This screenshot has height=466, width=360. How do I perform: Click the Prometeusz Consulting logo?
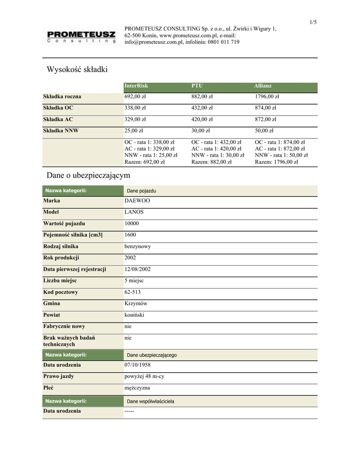pos(80,36)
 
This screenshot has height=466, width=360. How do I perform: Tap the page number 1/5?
pos(313,22)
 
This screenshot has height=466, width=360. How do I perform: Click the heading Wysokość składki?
pos(77,70)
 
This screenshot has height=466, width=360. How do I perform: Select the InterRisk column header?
pos(137,86)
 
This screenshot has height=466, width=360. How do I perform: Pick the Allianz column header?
pos(263,86)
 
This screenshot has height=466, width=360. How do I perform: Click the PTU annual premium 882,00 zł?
pos(202,96)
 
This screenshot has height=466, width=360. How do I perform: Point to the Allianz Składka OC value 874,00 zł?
pos(265,108)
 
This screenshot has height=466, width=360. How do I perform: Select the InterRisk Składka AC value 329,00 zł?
pos(135,119)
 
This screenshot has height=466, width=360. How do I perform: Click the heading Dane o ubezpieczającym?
pos(88,175)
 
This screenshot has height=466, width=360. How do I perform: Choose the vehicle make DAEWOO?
pos(137,201)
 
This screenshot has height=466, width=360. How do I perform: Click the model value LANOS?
pos(134,212)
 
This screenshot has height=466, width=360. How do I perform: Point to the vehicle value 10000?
pos(132,223)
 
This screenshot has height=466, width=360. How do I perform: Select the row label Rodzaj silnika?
pos(61,246)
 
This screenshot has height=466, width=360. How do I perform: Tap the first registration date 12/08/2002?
pos(137,269)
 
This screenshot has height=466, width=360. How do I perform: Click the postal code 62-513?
pos(132,292)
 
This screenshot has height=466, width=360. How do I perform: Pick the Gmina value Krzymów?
pos(136,304)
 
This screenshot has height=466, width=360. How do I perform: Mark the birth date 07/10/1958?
pos(137,365)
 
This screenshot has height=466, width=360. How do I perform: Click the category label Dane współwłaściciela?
pos(150,401)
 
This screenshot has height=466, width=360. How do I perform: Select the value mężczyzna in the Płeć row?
pos(137,388)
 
